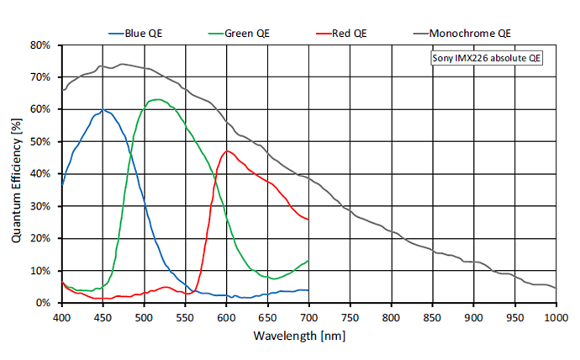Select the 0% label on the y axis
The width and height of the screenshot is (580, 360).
point(46,303)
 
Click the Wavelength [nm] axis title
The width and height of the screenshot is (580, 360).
point(308,335)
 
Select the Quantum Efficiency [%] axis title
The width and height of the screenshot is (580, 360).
point(16,173)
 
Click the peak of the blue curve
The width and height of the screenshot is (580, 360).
point(103,109)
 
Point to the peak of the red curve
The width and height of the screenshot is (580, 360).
point(227,151)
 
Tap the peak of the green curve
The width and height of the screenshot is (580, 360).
point(156,99)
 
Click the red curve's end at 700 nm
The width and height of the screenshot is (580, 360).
point(309,220)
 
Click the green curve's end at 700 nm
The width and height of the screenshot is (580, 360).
point(309,260)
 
